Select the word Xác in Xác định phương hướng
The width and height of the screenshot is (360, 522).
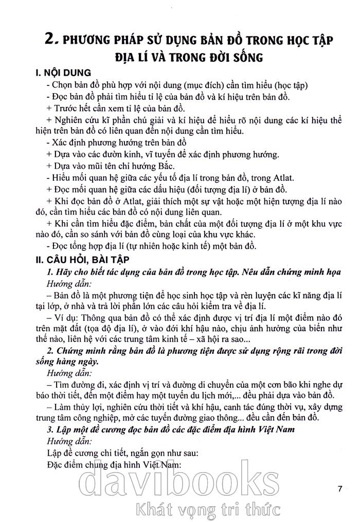(x=60, y=142)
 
